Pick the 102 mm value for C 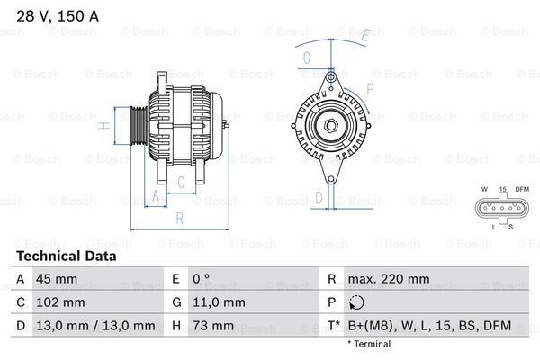point(60,302)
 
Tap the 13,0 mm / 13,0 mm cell point(90,326)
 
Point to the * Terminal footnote point(369,345)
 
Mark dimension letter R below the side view point(179,219)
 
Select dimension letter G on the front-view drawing point(306,58)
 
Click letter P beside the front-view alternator point(370,87)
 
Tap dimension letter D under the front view point(319,196)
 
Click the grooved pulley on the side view point(138,125)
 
